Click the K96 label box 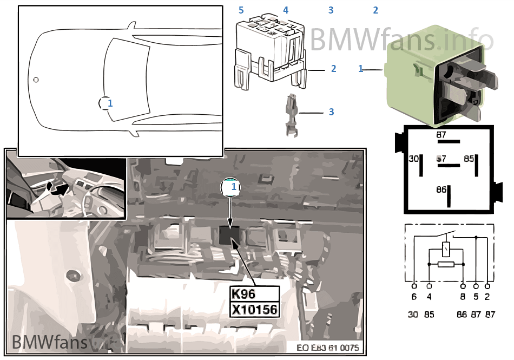(x=254, y=294)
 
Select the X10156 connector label (x=254, y=310)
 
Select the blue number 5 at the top (x=241, y=10)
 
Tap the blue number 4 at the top (x=286, y=10)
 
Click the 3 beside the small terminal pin (x=331, y=112)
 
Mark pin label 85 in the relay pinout (x=469, y=159)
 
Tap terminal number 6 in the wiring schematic (x=414, y=297)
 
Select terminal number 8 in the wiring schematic (x=463, y=297)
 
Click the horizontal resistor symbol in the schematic (x=446, y=264)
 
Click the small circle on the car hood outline (x=36, y=80)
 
